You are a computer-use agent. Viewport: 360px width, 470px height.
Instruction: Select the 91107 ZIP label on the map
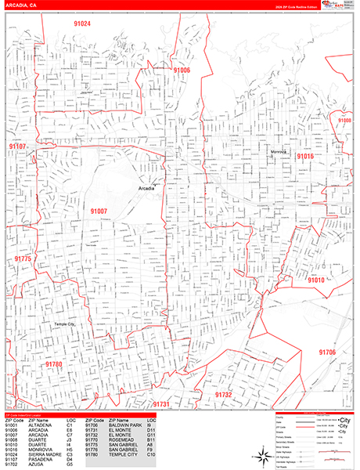(x=18, y=146)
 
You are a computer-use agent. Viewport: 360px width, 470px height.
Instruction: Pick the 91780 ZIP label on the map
(x=53, y=364)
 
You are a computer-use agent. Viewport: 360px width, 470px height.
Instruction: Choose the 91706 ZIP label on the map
(x=326, y=352)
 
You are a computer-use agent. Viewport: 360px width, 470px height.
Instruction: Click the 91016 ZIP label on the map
(x=304, y=157)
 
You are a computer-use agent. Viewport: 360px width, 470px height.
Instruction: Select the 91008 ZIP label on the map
(x=344, y=120)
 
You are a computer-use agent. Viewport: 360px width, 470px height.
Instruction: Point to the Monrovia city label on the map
(x=279, y=151)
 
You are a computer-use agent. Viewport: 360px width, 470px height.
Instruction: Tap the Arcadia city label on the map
(x=146, y=189)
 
